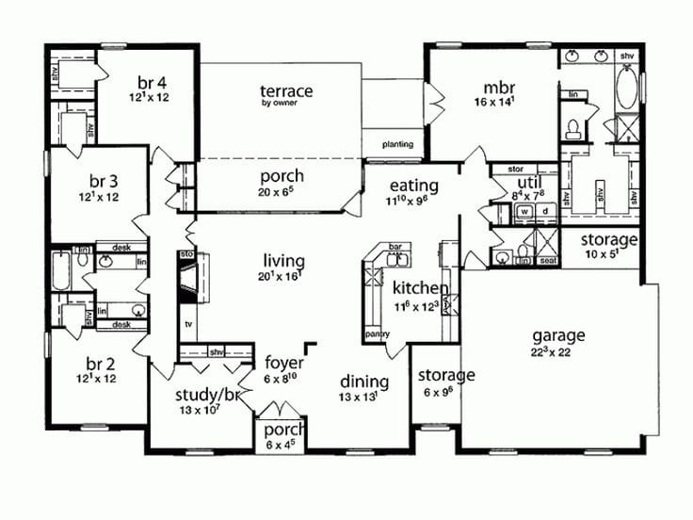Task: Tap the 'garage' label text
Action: (558, 334)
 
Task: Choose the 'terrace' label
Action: (286, 90)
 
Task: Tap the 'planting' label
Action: (397, 145)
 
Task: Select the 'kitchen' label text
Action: (419, 287)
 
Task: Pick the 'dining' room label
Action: (363, 382)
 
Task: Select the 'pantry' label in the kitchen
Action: (377, 334)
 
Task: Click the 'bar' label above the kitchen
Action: (395, 248)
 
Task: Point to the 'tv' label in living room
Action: (188, 322)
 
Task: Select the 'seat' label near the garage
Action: (547, 260)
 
